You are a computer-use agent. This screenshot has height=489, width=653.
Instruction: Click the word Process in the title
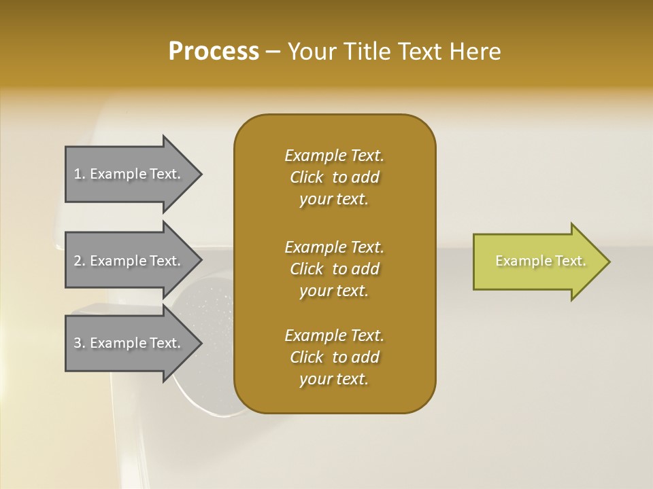pos(214,52)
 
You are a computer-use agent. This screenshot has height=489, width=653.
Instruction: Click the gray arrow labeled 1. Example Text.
pos(129,175)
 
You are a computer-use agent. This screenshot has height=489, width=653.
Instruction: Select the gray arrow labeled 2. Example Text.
pos(129,261)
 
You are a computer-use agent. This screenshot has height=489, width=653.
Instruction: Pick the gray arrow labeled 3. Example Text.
pos(129,343)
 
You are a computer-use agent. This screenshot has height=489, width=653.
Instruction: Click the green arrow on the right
pos(537,261)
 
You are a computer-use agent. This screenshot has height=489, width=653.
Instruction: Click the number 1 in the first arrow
pos(78,175)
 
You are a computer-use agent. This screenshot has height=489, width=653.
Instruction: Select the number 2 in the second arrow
pos(78,261)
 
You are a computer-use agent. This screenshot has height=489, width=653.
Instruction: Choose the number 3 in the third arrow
pos(78,343)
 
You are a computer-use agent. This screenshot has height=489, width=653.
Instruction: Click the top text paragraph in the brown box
pos(334,177)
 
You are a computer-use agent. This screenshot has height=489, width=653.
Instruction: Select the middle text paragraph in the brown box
pos(334,269)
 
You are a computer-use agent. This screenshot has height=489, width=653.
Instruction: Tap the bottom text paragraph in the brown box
pos(334,357)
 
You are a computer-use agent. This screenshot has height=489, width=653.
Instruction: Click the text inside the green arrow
pos(540,261)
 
